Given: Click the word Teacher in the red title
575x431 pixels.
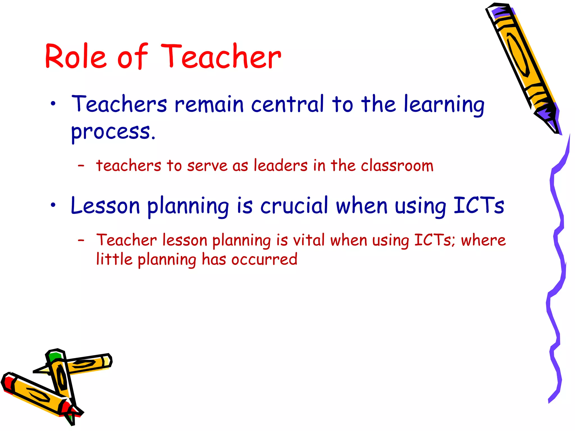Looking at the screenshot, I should click(221, 57).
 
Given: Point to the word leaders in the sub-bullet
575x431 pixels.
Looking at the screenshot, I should click(280, 166).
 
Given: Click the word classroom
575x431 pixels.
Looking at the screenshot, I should click(397, 166).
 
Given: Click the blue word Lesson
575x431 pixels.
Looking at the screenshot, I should click(105, 206).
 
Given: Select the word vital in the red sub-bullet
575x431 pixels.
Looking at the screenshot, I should click(309, 240).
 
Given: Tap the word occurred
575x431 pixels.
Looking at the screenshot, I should click(264, 260).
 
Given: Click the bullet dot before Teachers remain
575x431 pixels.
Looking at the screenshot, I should click(53, 104).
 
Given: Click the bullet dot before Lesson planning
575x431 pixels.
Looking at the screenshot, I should click(53, 205).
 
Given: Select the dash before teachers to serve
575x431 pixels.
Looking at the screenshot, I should click(81, 166).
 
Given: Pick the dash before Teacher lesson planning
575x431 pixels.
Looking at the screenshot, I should click(81, 240).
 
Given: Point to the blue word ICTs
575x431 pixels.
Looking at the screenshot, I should click(479, 205).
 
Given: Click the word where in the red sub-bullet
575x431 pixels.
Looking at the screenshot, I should click(483, 240).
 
